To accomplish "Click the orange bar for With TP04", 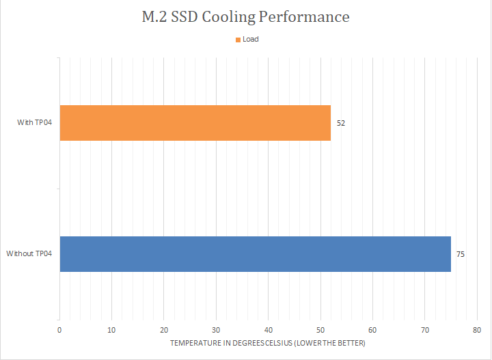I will [x=195, y=123].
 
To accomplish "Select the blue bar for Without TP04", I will [x=255, y=254].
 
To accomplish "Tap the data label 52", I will [x=341, y=123].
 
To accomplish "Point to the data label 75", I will [x=461, y=254].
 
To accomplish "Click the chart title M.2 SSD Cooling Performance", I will [x=245, y=17].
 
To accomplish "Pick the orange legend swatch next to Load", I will [x=237, y=40].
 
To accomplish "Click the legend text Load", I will [x=250, y=40].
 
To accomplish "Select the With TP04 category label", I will [x=35, y=123].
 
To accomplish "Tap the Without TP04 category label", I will [x=29, y=254].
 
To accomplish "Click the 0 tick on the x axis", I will [x=60, y=329].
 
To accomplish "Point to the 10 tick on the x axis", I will [x=112, y=329].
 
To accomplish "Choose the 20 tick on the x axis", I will [x=164, y=329].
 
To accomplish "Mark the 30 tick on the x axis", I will [x=216, y=329].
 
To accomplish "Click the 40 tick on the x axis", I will [x=269, y=329].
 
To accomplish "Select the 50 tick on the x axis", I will [x=320, y=329].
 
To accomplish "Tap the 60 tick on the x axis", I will [x=372, y=329].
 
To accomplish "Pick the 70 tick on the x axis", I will [x=424, y=329].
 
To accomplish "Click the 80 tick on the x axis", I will [x=477, y=329].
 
